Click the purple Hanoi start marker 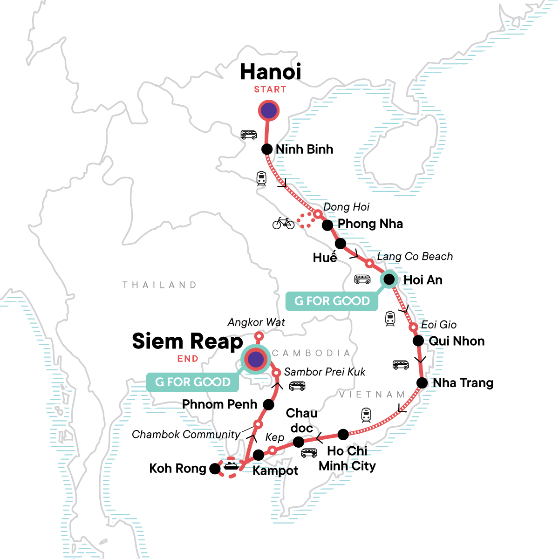(x=269, y=111)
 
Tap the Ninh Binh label (x=304, y=150)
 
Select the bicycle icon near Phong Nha (x=283, y=223)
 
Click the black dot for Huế (x=341, y=243)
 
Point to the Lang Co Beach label (x=415, y=257)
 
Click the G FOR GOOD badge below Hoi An (x=332, y=301)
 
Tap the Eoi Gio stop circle (x=413, y=327)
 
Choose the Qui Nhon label (x=457, y=341)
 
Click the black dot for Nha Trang (x=422, y=383)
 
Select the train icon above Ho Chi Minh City (x=366, y=414)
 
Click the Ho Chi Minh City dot (x=343, y=435)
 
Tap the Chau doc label (x=302, y=421)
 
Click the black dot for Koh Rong (x=215, y=469)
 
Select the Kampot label (x=275, y=470)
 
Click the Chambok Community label (x=186, y=435)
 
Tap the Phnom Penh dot (x=269, y=404)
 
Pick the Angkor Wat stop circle (x=259, y=336)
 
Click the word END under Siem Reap (x=188, y=359)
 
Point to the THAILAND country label (x=159, y=285)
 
